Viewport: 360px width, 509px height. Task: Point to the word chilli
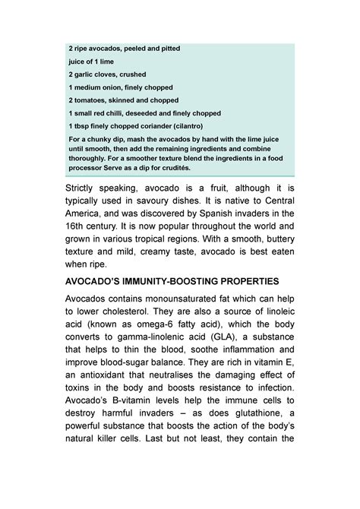tap(122, 112)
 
